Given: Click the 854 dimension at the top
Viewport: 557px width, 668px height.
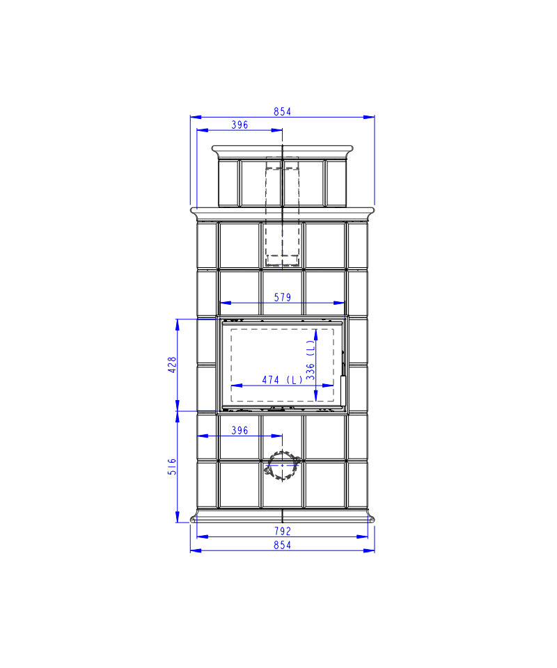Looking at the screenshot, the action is (282, 111).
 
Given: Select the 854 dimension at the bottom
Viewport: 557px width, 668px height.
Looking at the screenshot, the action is (282, 545).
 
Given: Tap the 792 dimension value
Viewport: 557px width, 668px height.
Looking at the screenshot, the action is (282, 531).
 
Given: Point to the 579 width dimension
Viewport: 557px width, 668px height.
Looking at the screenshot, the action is (282, 297).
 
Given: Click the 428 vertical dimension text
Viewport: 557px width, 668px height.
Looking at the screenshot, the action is (172, 365).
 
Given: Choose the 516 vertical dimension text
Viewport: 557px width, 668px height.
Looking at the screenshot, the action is (172, 466).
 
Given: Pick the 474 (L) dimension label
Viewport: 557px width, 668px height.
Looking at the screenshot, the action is (282, 380).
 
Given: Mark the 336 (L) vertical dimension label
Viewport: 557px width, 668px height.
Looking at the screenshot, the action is (311, 360).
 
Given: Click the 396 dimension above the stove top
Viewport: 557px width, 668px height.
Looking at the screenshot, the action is (240, 125).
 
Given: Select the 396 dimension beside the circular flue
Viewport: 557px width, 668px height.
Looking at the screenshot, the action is (240, 431).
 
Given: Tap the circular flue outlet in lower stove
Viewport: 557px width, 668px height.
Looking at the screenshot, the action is (282, 466).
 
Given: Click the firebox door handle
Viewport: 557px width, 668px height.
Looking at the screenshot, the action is (343, 390).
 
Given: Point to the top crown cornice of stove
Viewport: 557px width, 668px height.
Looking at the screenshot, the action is (282, 150).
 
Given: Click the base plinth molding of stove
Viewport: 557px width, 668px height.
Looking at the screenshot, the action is (282, 516).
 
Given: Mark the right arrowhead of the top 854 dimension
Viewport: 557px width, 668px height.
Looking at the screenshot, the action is (369, 117).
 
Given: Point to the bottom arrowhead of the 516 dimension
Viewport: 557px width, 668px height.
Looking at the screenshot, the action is (178, 517).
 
